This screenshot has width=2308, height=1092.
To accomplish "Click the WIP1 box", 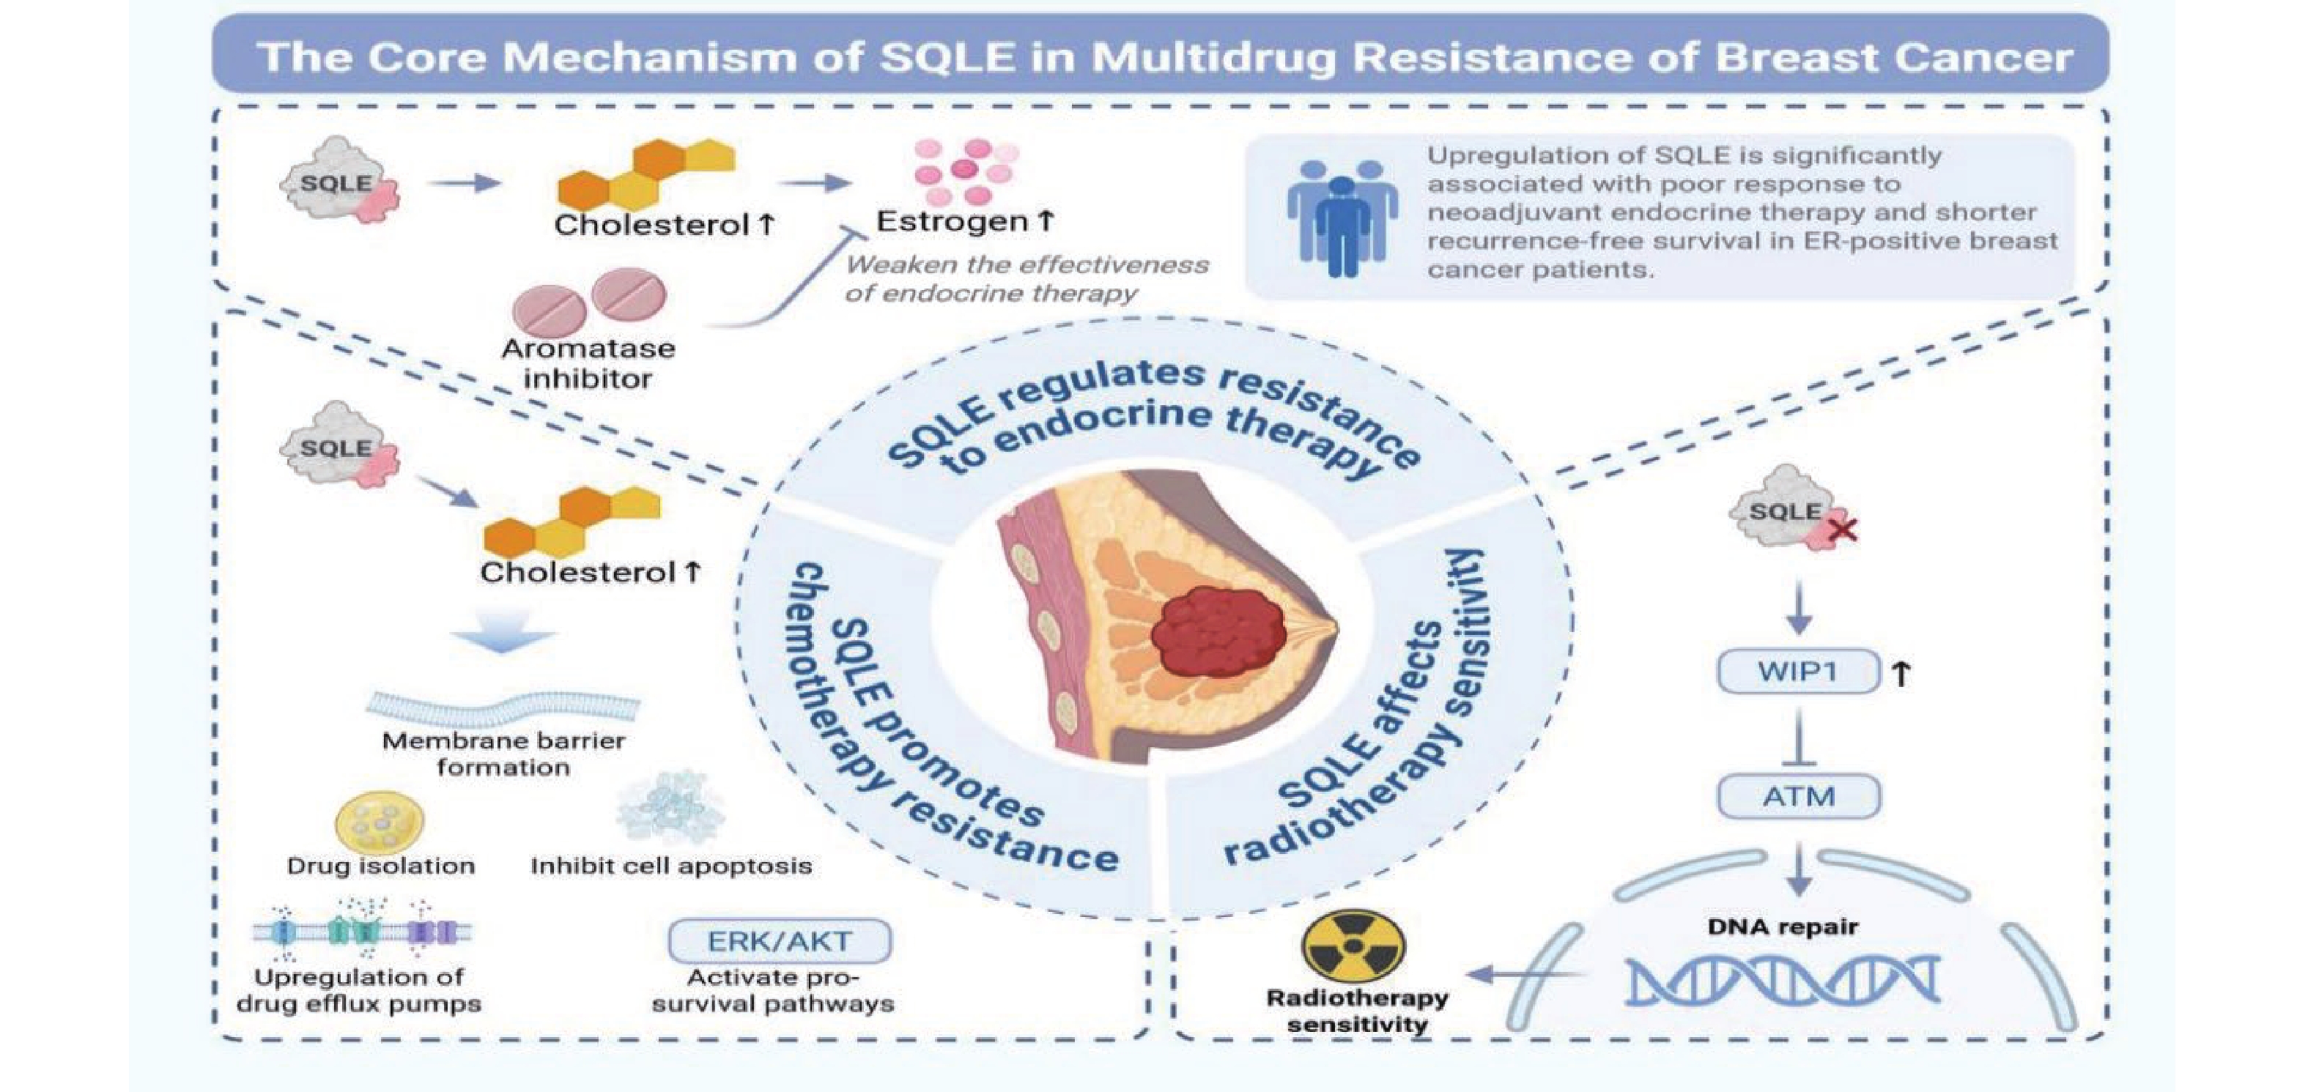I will click(x=1797, y=671).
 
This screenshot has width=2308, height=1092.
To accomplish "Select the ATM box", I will click(x=1797, y=795).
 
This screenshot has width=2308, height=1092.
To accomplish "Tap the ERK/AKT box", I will click(x=779, y=940).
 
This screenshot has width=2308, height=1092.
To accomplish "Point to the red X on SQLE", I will click(x=1841, y=531).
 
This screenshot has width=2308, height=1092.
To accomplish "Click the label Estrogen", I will click(x=952, y=221).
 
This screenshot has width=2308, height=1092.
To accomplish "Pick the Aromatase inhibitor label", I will click(x=588, y=363).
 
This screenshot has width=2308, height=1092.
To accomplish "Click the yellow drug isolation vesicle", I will click(x=379, y=820).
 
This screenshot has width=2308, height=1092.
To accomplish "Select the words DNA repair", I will click(x=1782, y=926).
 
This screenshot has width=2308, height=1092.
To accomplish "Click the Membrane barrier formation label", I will click(x=503, y=754).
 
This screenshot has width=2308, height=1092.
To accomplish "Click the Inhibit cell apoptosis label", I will click(x=671, y=866).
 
